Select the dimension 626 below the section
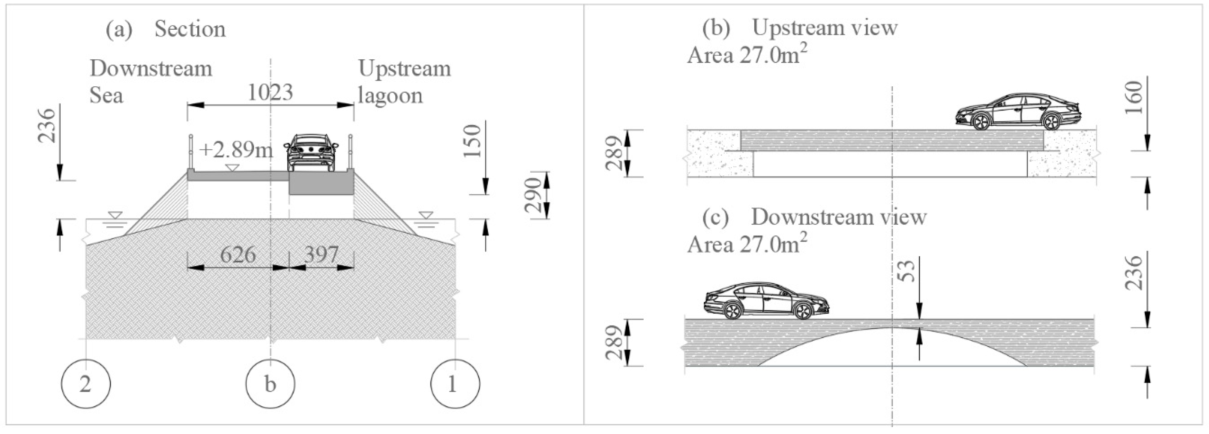[238, 255]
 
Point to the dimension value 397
[321, 255]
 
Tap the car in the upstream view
[1018, 112]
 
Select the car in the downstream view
[766, 301]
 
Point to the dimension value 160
[1134, 97]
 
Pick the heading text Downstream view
[839, 217]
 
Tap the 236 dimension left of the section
[47, 126]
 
